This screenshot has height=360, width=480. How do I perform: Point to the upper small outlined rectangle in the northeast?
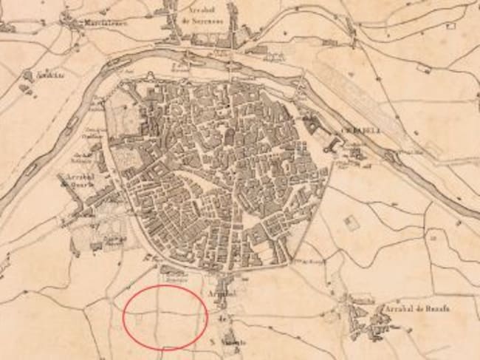pos(424,68)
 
